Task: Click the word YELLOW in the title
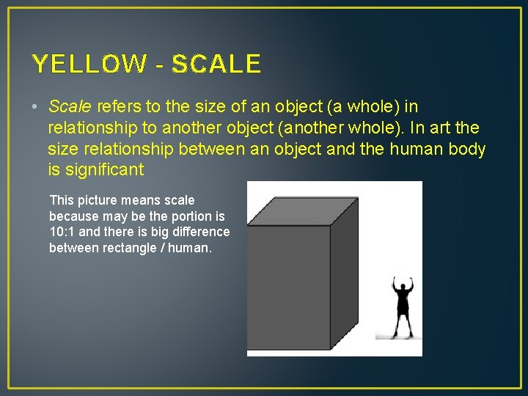pos(89,65)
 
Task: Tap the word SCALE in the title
pos(216,65)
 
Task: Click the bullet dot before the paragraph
pos(35,107)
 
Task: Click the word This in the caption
pos(62,199)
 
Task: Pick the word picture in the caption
pos(97,199)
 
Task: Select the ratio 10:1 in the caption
pos(64,232)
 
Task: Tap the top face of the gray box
pos(303,210)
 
